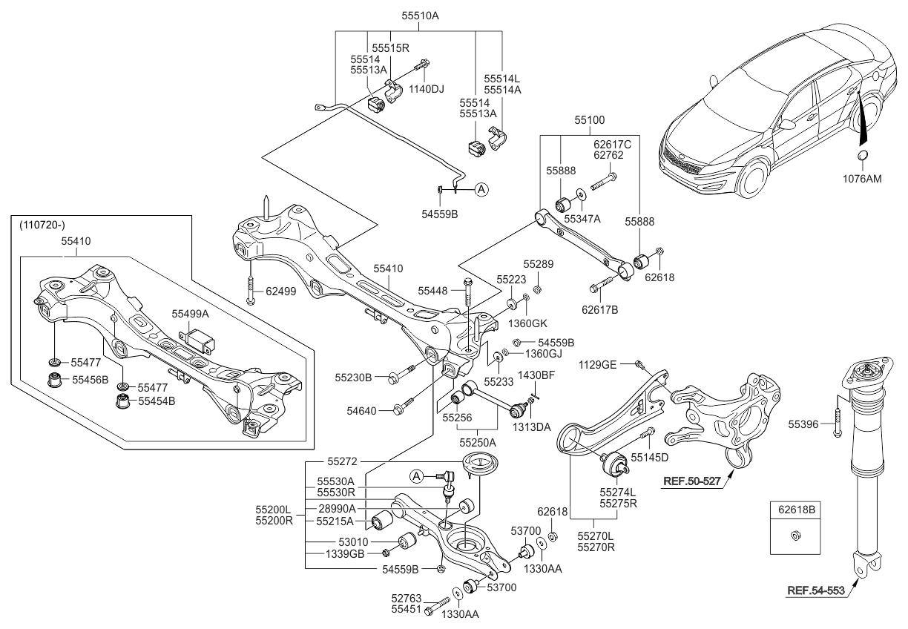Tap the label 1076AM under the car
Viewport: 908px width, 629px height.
863,178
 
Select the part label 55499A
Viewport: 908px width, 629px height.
191,314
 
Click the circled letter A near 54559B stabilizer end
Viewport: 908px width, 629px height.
481,189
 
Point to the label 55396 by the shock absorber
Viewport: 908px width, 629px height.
803,424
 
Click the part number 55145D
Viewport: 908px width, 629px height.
649,457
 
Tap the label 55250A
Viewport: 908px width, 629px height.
478,442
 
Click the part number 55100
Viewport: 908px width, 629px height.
589,119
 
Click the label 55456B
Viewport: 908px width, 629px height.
90,380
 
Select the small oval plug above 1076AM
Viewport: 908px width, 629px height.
863,155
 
